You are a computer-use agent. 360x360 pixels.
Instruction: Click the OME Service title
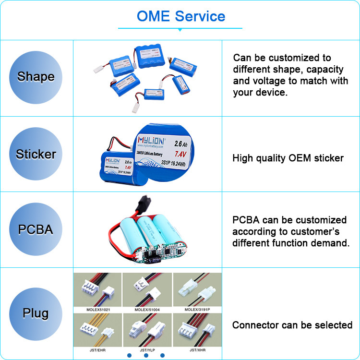[x=180, y=16]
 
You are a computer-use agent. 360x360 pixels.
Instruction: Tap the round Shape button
[x=36, y=77]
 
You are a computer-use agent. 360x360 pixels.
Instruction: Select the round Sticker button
[x=36, y=154]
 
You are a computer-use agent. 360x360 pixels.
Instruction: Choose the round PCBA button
[x=36, y=229]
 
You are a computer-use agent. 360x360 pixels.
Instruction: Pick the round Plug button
[x=36, y=313]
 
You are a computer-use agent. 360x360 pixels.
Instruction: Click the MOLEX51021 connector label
[x=98, y=310]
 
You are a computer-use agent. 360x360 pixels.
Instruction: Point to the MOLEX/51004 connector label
[x=147, y=310]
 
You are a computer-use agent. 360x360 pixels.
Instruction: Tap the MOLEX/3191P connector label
[x=197, y=310]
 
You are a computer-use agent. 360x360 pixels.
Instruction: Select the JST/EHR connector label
[x=98, y=350]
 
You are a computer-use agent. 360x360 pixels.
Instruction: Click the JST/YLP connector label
[x=147, y=350]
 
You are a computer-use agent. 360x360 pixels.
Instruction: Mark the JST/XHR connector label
[x=197, y=350]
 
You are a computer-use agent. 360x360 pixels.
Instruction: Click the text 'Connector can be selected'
[x=292, y=325]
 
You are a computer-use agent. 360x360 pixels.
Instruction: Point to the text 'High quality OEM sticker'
[x=288, y=158]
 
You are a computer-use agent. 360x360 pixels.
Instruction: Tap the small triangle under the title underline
[x=180, y=30]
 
